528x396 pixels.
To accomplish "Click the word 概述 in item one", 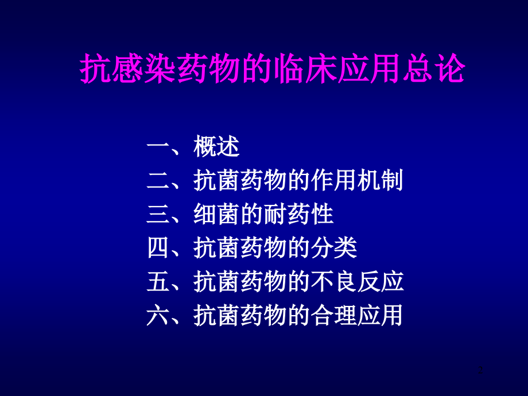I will (216, 147).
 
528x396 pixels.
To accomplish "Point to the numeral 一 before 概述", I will (158, 147).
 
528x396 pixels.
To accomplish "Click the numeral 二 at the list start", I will (158, 181).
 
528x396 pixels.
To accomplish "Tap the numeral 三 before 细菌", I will (158, 215).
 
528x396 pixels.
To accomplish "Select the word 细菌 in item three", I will (216, 215).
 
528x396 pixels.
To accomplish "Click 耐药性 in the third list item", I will (298, 215).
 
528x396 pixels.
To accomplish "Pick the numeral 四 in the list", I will (158, 249).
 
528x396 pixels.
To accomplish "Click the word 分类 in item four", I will (333, 249).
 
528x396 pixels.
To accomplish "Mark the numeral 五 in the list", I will (158, 282).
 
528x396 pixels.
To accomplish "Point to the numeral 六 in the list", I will (158, 316).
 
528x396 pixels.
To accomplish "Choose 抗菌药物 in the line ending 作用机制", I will (240, 181).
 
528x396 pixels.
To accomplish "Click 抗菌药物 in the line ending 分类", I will (240, 249).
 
